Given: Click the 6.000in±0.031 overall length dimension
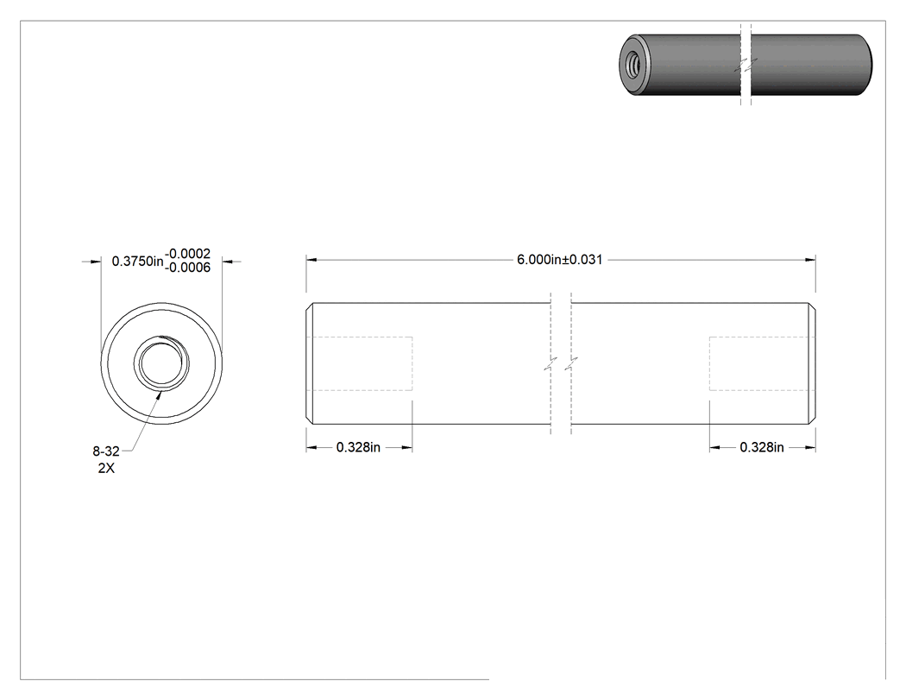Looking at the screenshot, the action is click(559, 260).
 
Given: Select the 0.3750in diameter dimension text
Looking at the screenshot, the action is click(137, 262).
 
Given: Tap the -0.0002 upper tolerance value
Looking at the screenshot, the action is click(188, 254).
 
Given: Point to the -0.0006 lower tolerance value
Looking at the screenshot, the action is click(188, 268).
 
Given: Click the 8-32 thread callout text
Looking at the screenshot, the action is click(106, 451).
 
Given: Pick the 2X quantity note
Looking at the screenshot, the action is click(106, 468).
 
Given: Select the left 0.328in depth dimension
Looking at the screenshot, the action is click(358, 447).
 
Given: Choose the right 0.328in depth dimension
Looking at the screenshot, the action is click(762, 447).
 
